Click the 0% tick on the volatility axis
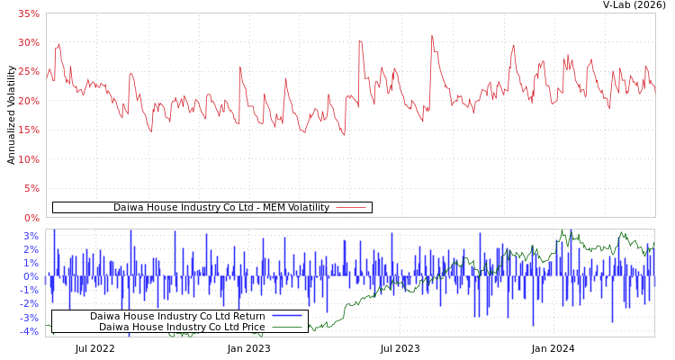tap(31, 218)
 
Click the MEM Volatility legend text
tap(220, 208)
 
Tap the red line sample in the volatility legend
tap(350, 208)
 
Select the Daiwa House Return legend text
tap(177, 316)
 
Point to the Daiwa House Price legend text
tap(182, 327)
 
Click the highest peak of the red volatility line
tap(432, 35)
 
